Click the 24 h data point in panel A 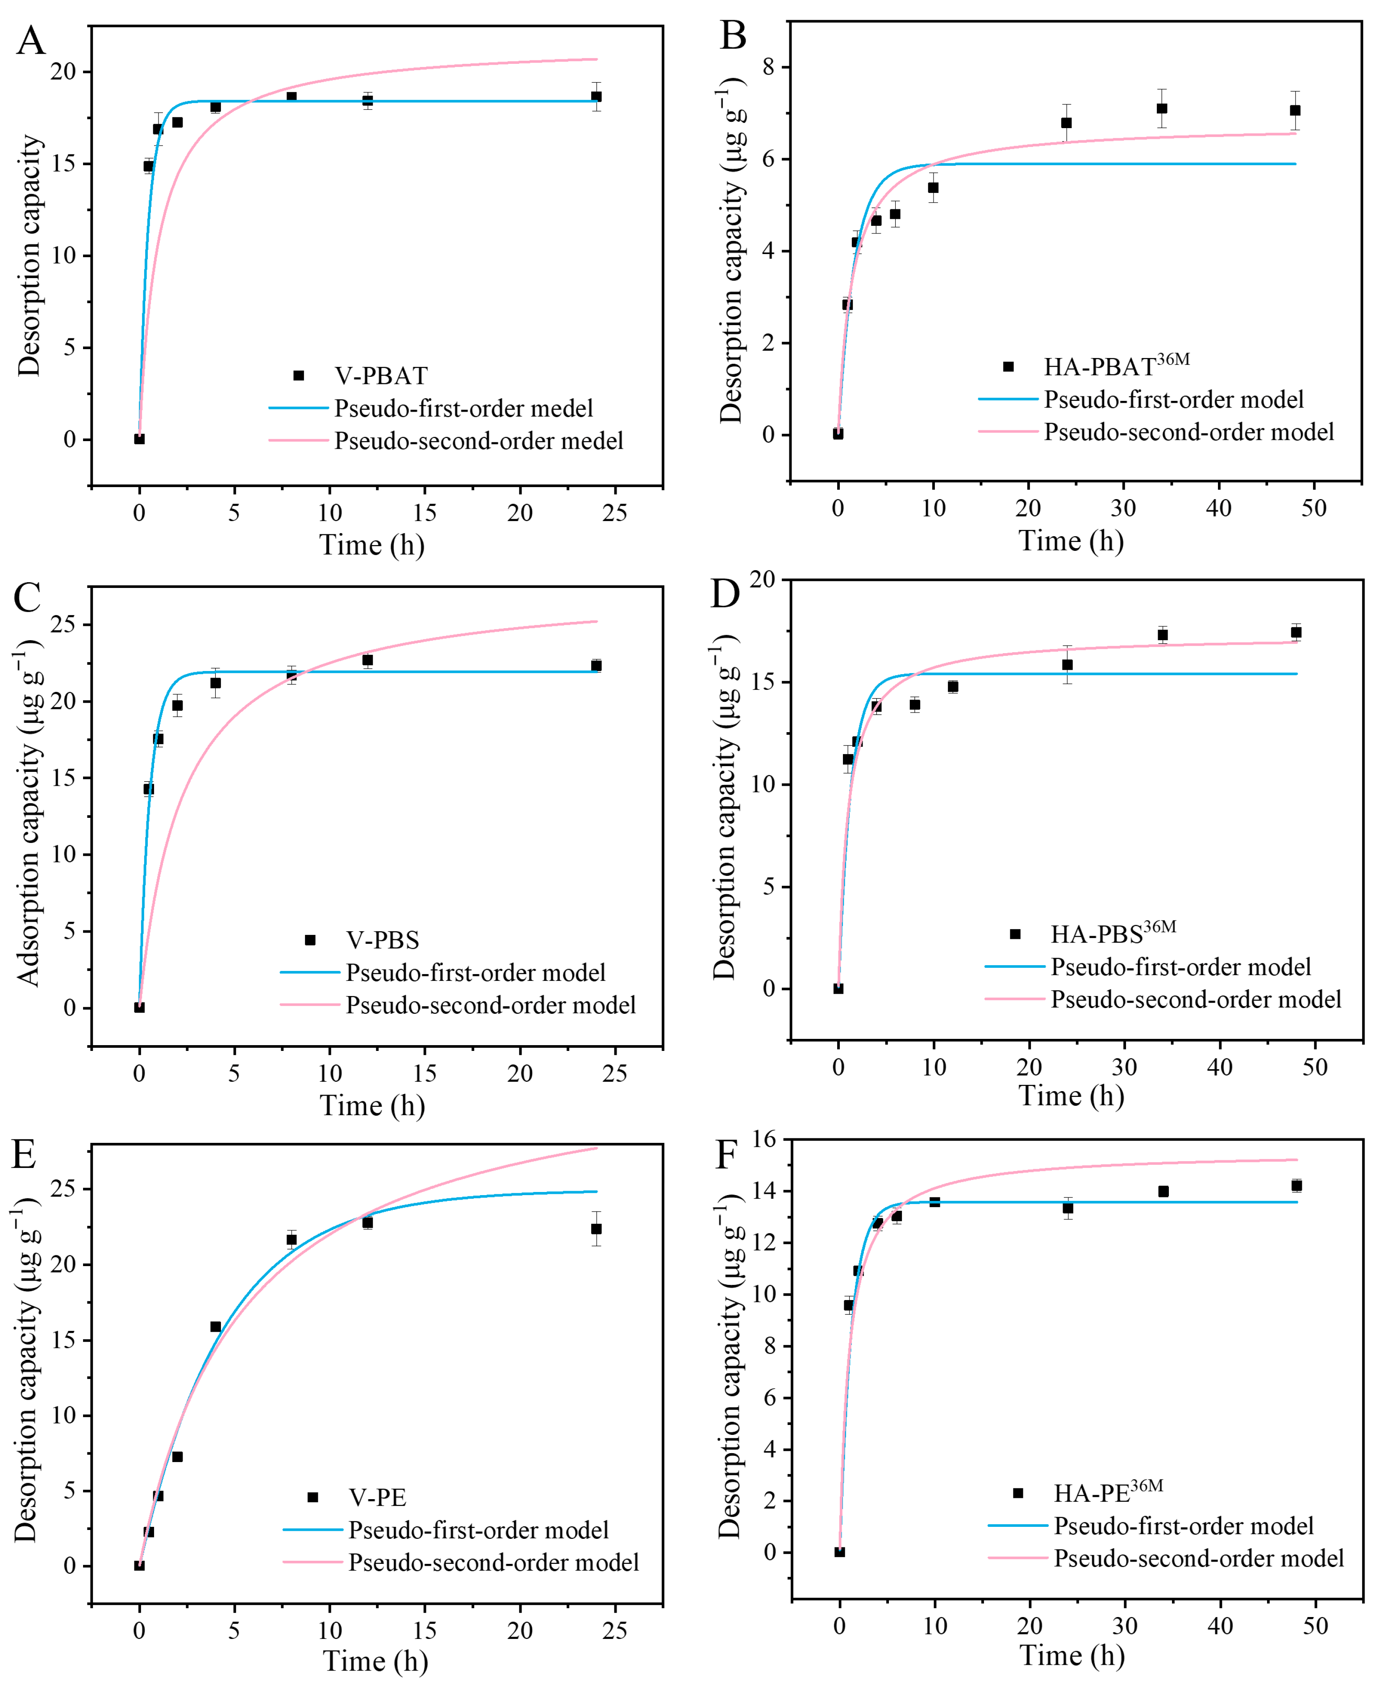[596, 97]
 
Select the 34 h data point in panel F [1163, 1191]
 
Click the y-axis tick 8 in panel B [768, 67]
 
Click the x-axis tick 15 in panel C [425, 1074]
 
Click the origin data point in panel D [838, 988]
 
